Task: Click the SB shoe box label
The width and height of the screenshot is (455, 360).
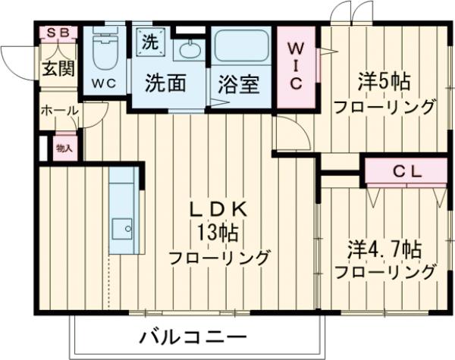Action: coord(57,33)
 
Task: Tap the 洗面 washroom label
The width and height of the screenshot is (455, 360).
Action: coord(165,83)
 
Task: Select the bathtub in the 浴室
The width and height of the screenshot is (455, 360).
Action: coord(241,46)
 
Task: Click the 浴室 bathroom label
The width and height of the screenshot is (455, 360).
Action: coord(240,83)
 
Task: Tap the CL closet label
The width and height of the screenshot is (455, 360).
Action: coord(406,172)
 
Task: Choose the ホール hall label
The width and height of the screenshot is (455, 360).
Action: coord(58,111)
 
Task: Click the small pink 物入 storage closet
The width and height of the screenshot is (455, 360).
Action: coord(64,149)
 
